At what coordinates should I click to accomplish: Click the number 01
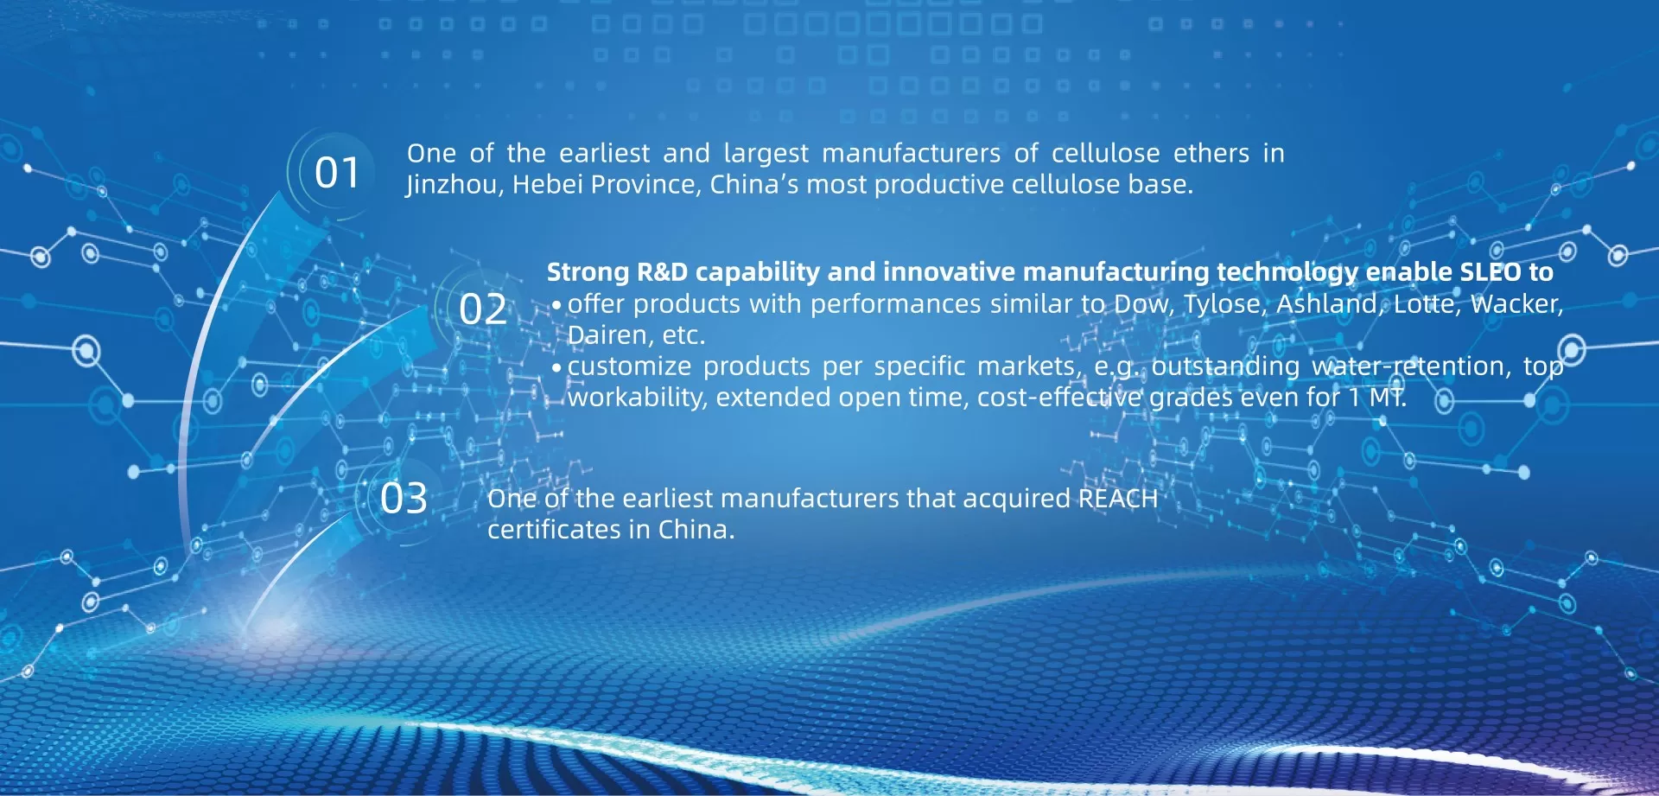[336, 173]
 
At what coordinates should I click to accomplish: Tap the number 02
[483, 309]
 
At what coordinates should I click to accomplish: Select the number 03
[404, 499]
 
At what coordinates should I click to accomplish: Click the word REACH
[1118, 499]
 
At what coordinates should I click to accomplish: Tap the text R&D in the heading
[662, 272]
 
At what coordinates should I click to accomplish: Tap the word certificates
[555, 530]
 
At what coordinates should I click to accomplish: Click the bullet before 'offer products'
[556, 305]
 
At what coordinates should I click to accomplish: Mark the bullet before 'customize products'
[556, 367]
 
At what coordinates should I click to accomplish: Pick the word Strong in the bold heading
[588, 273]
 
